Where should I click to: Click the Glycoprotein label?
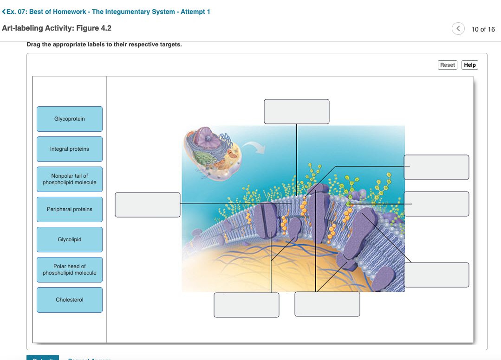(x=70, y=119)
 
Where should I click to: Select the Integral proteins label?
(x=70, y=149)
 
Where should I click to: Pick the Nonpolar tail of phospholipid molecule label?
(x=70, y=180)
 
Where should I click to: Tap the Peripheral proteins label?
(x=70, y=210)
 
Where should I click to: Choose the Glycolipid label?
(x=70, y=240)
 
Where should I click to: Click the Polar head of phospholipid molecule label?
(x=70, y=270)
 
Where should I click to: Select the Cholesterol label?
(x=70, y=300)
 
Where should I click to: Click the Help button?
(x=469, y=65)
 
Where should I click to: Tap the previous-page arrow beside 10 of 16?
(x=458, y=29)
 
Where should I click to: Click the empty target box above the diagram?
(x=296, y=112)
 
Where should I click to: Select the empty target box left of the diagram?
(x=148, y=205)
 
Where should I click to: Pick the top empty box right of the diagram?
(x=436, y=167)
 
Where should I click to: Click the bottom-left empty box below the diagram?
(x=246, y=305)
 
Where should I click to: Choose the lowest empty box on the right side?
(x=436, y=275)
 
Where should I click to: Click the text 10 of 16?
(x=483, y=29)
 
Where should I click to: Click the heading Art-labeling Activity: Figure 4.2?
(x=57, y=28)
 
